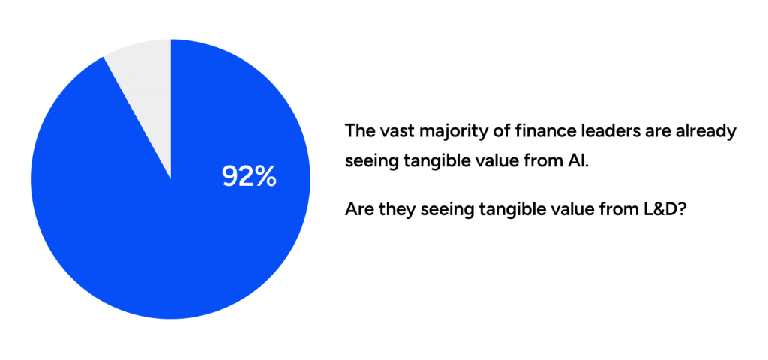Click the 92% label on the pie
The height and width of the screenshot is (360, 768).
coord(249,176)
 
